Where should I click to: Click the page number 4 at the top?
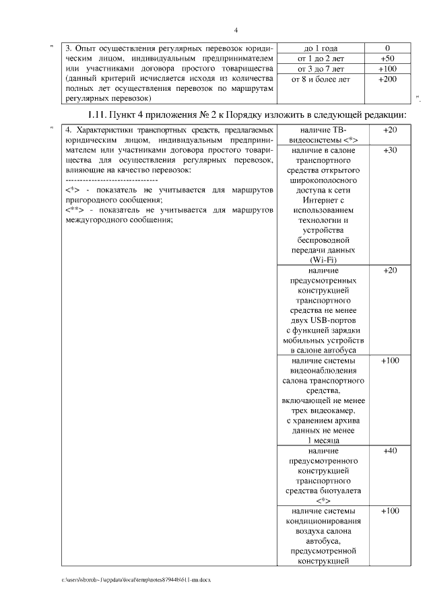click(x=236, y=30)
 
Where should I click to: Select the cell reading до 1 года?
click(x=321, y=48)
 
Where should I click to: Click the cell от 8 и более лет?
click(x=321, y=79)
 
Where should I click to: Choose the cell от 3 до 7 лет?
click(x=321, y=69)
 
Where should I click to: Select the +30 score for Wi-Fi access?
click(x=389, y=151)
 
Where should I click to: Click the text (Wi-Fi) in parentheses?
click(x=323, y=260)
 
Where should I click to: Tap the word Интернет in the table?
click(x=323, y=200)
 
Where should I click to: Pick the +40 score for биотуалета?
click(x=389, y=450)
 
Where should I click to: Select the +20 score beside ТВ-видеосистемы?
click(x=389, y=129)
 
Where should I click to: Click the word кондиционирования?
click(x=323, y=521)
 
